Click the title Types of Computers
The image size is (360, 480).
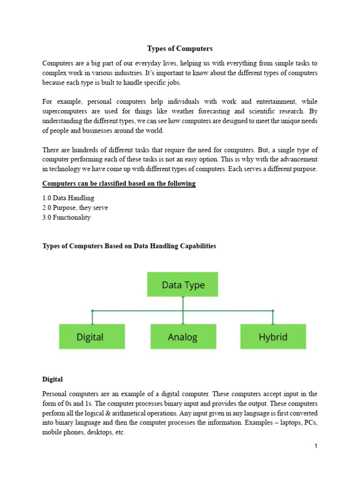(180, 48)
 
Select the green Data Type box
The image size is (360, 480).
(183, 285)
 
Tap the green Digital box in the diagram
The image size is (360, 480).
(92, 337)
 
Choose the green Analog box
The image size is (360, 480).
(183, 337)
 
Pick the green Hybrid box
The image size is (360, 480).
(273, 337)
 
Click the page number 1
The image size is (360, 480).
(316, 446)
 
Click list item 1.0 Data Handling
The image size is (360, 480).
(68, 198)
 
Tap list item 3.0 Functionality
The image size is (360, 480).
(67, 217)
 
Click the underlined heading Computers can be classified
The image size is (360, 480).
(119, 183)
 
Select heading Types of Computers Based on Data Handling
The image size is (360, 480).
(129, 246)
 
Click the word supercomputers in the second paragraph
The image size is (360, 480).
(64, 111)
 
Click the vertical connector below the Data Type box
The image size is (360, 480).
(183, 303)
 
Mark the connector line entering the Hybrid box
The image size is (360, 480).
(273, 317)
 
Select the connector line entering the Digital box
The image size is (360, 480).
(92, 317)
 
